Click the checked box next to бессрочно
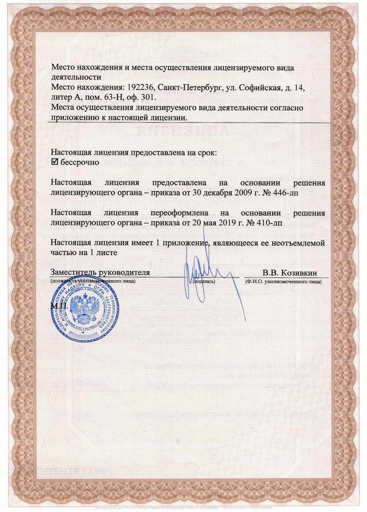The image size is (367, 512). click(55, 162)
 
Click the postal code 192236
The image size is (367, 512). click(141, 88)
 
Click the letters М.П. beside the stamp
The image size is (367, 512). click(59, 306)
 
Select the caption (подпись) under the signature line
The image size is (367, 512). click(204, 281)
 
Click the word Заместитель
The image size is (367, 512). click(72, 273)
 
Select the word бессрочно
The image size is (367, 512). click(80, 162)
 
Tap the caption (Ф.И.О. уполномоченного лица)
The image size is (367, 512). click(283, 281)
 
